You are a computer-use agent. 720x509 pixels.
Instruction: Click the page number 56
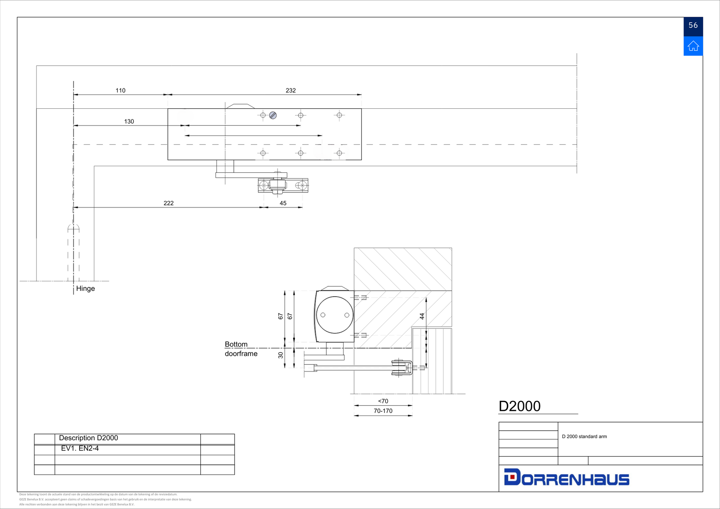coord(693,25)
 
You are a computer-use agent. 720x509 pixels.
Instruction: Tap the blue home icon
coord(693,46)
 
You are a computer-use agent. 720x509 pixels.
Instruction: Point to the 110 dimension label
coord(121,90)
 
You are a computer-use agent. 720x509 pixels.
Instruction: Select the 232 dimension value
coord(291,90)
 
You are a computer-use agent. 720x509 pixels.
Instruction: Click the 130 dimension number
coord(129,121)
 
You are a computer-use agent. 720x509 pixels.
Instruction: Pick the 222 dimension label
coord(169,203)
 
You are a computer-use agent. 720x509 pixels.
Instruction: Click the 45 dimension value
coord(283,203)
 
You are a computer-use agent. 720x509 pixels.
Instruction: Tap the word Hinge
coord(85,289)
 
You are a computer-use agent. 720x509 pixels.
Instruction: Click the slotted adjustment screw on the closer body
coord(273,115)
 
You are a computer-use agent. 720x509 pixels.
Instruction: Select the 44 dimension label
coord(422,316)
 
